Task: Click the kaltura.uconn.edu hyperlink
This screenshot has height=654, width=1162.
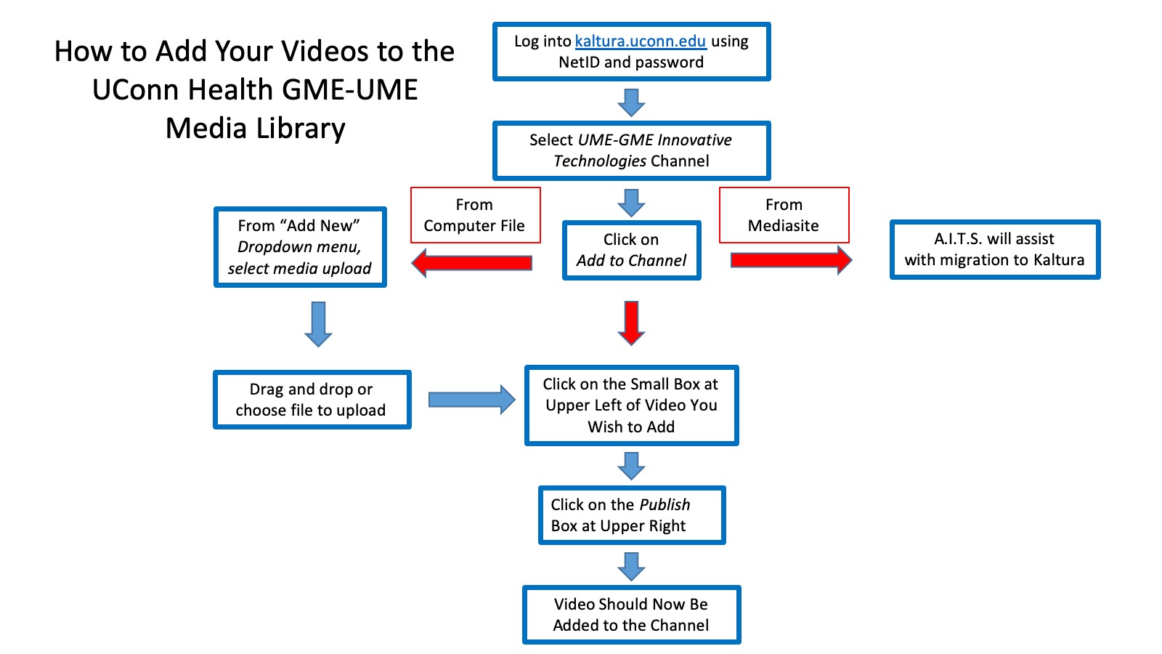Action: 640,41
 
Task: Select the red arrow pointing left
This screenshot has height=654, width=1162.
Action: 472,262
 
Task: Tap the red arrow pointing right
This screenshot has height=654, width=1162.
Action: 791,260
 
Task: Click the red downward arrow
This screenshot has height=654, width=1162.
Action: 632,322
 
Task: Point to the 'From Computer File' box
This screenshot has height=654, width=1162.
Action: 475,215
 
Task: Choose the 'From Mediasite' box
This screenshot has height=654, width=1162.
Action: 784,215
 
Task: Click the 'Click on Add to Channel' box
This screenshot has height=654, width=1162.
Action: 631,250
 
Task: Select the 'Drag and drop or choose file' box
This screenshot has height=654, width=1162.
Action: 312,400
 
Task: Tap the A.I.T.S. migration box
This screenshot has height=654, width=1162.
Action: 994,249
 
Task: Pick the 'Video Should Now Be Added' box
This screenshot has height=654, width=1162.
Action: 631,615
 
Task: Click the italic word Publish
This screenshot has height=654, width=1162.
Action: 665,504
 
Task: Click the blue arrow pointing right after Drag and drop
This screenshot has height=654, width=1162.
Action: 471,400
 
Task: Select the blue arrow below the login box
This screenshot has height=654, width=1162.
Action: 631,102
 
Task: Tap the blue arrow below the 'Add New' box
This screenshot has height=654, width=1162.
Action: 318,323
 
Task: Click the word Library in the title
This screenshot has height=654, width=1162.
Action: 298,129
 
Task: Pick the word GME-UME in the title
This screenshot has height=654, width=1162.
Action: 349,90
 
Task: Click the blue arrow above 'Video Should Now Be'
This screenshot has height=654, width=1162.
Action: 631,565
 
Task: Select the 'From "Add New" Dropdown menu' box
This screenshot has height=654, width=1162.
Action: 300,247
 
